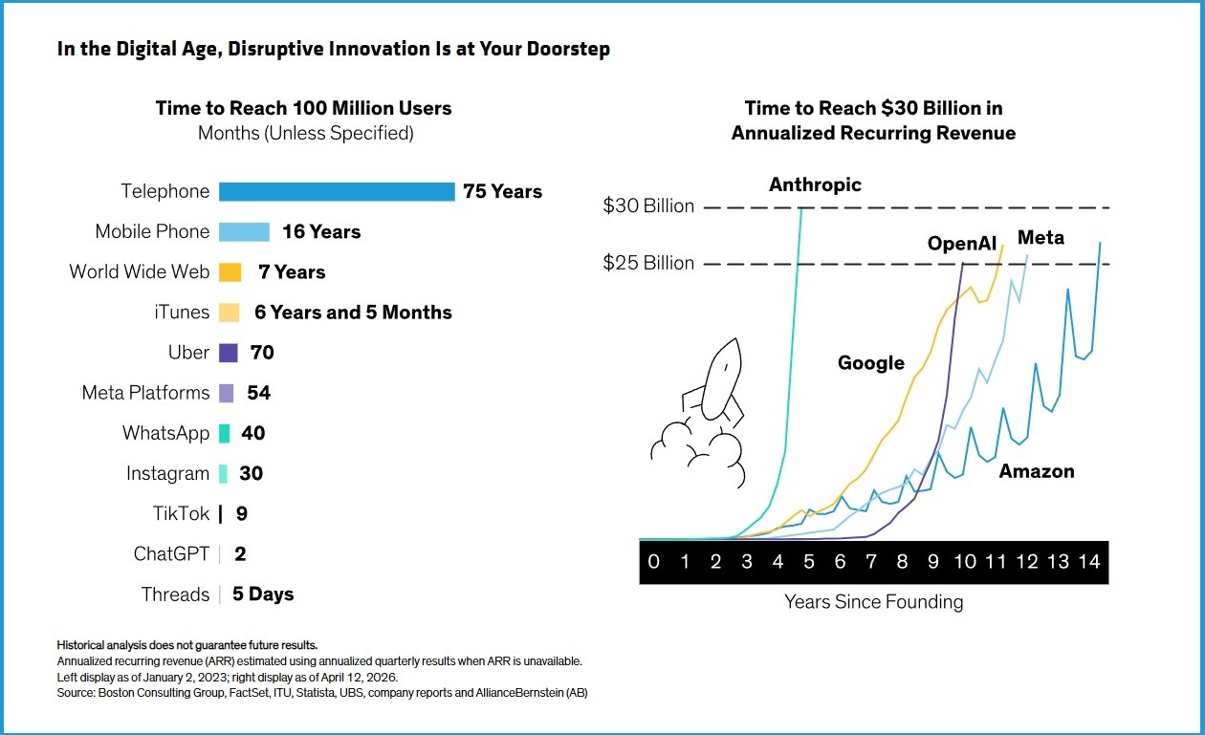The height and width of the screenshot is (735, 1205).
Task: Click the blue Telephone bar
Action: click(337, 191)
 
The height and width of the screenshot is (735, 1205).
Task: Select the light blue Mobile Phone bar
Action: click(244, 231)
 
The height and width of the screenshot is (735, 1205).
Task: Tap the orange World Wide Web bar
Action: click(230, 272)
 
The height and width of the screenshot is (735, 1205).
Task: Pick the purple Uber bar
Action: click(228, 353)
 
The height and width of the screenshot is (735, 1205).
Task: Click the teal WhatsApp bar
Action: click(225, 433)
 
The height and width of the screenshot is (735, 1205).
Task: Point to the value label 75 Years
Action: click(502, 191)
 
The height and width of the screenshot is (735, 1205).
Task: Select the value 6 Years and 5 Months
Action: click(353, 313)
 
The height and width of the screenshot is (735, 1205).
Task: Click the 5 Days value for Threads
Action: click(263, 594)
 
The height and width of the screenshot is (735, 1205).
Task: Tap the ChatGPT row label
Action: click(171, 553)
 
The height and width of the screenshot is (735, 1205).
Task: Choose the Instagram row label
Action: click(168, 474)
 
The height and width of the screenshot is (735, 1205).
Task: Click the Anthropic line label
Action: click(815, 185)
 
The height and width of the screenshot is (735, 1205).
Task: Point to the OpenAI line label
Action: click(962, 244)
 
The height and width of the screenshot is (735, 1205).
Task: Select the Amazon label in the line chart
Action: click(1037, 471)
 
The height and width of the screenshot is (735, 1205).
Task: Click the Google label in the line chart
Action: click(871, 363)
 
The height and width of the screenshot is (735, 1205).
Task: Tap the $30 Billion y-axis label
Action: click(648, 205)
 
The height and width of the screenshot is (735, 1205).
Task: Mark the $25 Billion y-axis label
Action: click(648, 263)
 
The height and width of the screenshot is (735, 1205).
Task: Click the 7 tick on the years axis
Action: click(871, 562)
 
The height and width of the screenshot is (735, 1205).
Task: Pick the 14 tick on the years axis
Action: click(1089, 562)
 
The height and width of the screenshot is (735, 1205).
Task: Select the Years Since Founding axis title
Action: click(874, 602)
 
